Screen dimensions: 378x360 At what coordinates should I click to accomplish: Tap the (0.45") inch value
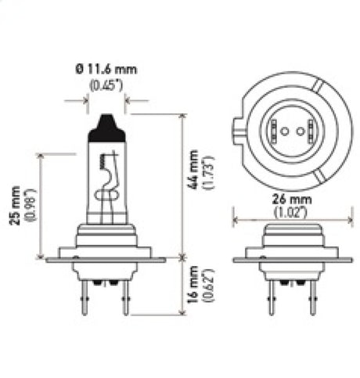point(106,85)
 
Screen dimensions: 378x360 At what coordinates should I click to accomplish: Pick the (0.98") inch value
point(28,205)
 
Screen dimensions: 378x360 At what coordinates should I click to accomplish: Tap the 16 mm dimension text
point(192,288)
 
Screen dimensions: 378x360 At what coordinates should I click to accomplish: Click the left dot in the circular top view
point(278,130)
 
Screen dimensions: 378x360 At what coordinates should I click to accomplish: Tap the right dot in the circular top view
point(290,130)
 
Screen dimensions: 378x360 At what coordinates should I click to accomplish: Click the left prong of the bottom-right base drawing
point(270,297)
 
